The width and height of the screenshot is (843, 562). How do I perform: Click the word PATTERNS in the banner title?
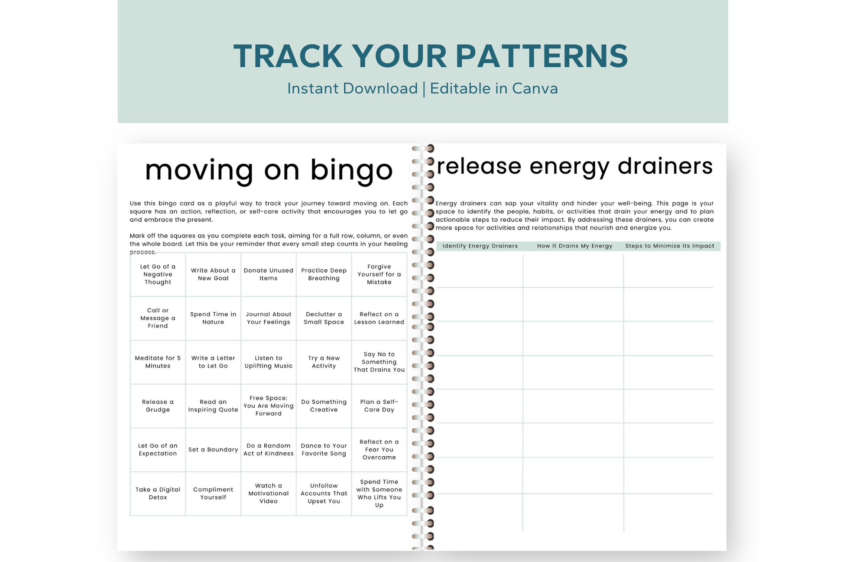click(541, 56)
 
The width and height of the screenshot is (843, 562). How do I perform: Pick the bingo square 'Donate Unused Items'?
click(269, 275)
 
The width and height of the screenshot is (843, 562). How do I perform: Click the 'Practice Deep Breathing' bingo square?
click(324, 275)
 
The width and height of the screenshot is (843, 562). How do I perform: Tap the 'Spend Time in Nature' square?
click(213, 318)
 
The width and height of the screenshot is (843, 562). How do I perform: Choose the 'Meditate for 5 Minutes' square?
click(158, 362)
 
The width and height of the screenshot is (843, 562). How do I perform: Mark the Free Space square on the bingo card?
click(269, 406)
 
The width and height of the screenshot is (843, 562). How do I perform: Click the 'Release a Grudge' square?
click(158, 406)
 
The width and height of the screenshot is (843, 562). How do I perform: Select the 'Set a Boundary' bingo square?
click(213, 450)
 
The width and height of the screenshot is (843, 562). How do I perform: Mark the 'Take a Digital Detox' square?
click(158, 494)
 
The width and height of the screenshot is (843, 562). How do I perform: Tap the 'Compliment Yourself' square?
click(213, 494)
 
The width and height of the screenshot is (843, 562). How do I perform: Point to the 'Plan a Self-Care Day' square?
click(379, 406)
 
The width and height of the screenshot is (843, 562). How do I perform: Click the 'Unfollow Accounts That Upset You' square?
click(324, 494)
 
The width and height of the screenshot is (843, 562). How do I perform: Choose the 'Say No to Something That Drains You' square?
click(379, 362)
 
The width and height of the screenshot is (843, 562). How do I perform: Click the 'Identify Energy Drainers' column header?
click(480, 246)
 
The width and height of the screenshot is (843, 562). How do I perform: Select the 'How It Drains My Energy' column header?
click(575, 246)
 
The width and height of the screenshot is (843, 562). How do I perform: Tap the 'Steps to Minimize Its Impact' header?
click(670, 246)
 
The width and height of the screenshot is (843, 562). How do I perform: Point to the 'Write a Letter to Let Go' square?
click(213, 362)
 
